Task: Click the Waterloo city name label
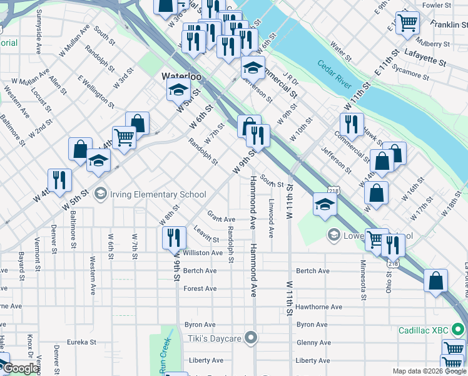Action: (181, 76)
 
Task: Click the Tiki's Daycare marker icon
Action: (251, 338)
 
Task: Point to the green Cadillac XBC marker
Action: (459, 328)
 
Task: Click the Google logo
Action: (21, 368)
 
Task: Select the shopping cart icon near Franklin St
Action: (407, 23)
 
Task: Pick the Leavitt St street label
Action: (206, 234)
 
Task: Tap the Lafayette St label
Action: (425, 58)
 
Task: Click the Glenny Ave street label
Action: (314, 343)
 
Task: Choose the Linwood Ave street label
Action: (271, 219)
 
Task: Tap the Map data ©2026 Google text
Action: (429, 372)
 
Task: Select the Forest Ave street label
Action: (200, 289)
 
